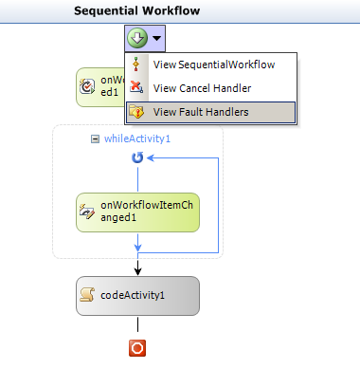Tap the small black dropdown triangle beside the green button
point(156,39)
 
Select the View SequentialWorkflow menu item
point(213,65)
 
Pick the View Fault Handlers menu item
point(201,111)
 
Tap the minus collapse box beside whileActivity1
point(95,138)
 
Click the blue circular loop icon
point(137,158)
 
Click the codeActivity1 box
point(137,295)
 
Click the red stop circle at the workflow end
point(137,348)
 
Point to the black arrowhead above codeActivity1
point(137,270)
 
